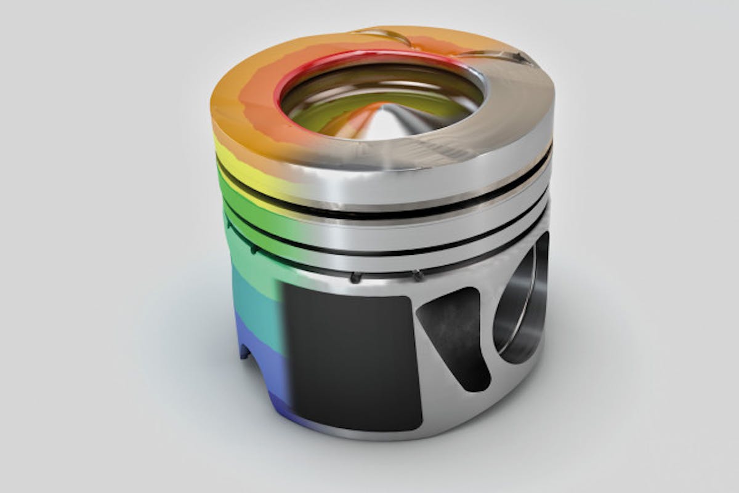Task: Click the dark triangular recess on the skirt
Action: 456,332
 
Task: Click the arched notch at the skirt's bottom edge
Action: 244,351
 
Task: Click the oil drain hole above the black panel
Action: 355,278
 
